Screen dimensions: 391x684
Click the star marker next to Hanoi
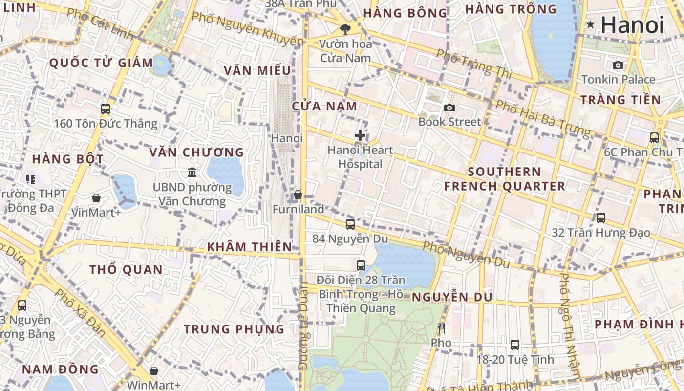pos(590,24)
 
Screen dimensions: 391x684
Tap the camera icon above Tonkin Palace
pos(618,65)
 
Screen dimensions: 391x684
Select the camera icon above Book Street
pos(449,108)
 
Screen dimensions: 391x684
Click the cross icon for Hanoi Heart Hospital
pos(360,135)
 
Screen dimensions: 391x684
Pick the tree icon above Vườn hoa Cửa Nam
pos(345,29)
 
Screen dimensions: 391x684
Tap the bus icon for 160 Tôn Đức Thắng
pos(106,109)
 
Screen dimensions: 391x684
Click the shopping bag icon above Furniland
pos(298,195)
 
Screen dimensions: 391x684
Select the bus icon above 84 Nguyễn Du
pos(350,224)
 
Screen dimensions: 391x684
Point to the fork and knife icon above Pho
pos(441,328)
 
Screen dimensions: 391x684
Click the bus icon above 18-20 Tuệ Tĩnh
pos(515,345)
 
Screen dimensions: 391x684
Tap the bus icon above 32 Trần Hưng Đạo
pos(601,218)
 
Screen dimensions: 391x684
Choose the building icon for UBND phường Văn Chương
pos(192,173)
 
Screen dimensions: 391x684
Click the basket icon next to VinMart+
pos(96,198)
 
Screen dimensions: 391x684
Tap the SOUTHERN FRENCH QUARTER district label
pos(504,179)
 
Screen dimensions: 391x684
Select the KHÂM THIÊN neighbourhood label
pos(249,247)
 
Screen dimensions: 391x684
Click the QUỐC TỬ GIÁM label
pos(101,63)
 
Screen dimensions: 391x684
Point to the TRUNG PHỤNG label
pos(234,329)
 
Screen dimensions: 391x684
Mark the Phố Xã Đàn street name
pos(80,312)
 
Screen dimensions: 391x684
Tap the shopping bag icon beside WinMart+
pos(154,371)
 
